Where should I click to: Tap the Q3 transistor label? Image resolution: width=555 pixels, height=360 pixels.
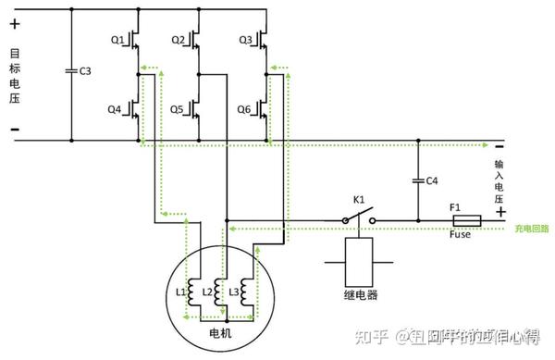click(x=245, y=40)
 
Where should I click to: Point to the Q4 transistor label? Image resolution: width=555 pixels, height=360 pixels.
click(x=114, y=108)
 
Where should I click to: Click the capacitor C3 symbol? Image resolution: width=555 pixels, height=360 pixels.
click(x=71, y=70)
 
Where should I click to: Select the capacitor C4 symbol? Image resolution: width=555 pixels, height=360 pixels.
click(x=419, y=181)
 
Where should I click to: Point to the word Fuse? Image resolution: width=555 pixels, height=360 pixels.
click(x=460, y=236)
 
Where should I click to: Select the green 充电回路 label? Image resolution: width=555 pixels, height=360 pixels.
click(x=531, y=227)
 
